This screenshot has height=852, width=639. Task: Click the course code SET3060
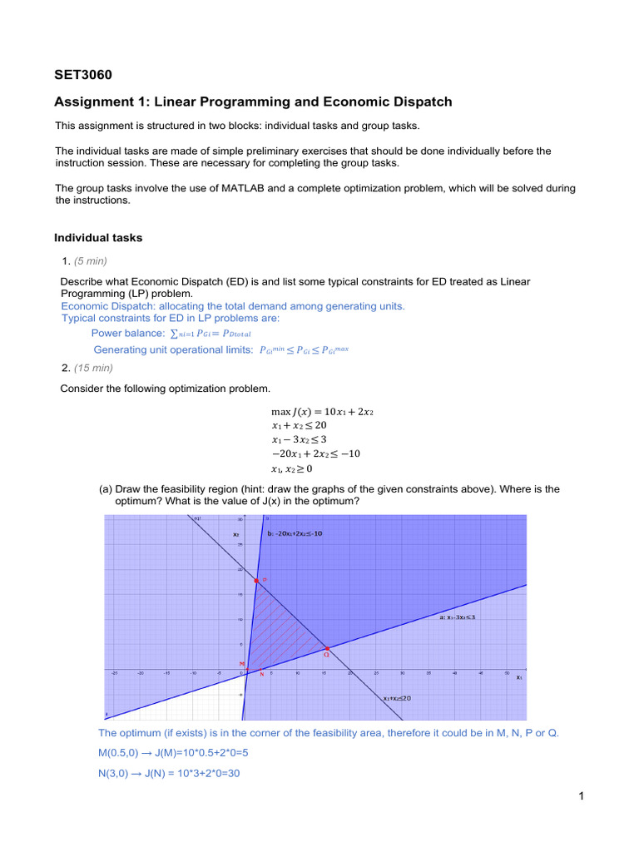[x=82, y=76]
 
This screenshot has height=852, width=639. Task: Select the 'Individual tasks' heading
[x=98, y=238]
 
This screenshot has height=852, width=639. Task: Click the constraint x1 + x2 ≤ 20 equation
[x=305, y=425]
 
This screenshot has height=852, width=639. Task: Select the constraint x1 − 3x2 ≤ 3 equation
[x=304, y=439]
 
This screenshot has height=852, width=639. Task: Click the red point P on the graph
[x=256, y=580]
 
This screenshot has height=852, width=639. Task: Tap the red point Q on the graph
[x=327, y=649]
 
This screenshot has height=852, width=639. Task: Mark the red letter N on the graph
[x=261, y=674]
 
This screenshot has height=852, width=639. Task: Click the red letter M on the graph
[x=242, y=663]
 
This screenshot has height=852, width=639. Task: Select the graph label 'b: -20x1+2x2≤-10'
[x=295, y=532]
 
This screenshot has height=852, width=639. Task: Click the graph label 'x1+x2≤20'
[x=397, y=698]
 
